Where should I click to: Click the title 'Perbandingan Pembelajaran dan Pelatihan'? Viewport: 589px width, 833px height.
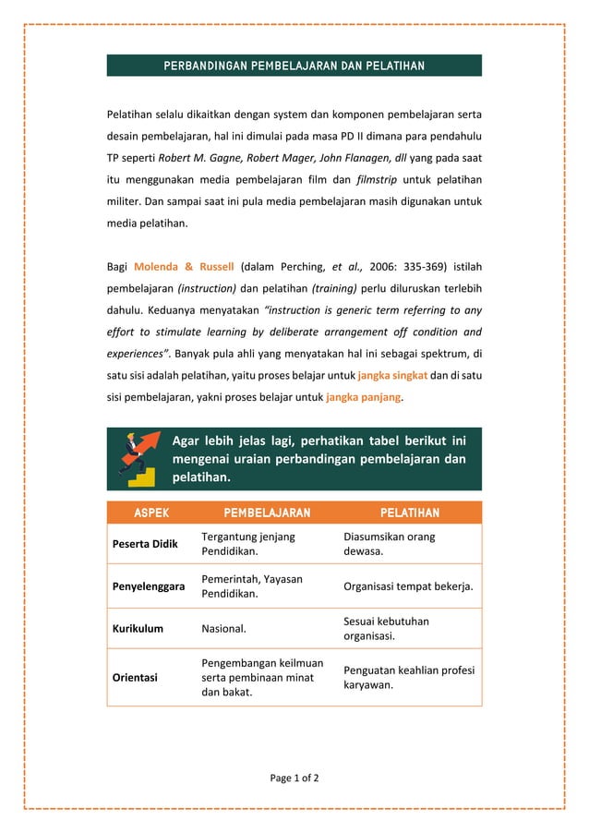coord(294,66)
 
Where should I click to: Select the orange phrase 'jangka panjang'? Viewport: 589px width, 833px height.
coord(364,397)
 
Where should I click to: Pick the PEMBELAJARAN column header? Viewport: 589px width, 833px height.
coord(267,513)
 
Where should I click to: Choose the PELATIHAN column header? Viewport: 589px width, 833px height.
coord(409,513)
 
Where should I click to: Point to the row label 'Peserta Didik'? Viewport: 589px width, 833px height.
coord(145,544)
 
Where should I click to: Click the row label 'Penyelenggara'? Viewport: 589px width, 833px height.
coord(149,586)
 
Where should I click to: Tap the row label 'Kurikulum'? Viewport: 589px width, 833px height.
coord(138,628)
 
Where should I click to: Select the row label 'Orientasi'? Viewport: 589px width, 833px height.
coord(135,677)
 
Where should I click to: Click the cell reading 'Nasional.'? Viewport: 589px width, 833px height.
coord(224,629)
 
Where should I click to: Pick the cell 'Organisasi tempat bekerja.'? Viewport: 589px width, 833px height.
coord(408,586)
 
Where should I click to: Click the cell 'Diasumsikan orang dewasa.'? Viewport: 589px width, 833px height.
coord(389,544)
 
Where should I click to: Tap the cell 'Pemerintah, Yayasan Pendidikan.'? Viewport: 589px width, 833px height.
coord(252,586)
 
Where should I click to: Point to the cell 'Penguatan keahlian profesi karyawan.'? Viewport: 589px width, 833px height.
coord(408,677)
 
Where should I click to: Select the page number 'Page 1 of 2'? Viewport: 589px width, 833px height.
coord(294,778)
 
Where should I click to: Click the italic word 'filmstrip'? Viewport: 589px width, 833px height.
coord(381,179)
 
